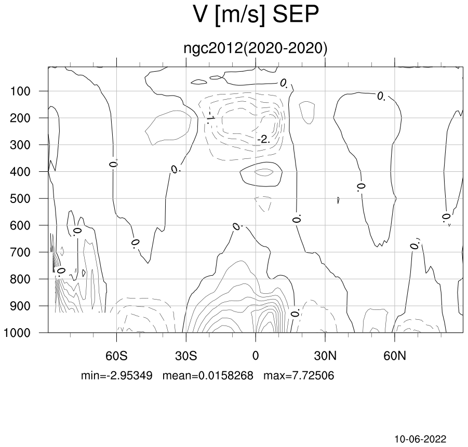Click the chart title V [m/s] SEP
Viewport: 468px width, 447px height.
click(x=256, y=15)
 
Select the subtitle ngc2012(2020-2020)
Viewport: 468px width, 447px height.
click(x=256, y=48)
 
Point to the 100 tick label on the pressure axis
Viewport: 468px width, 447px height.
click(x=20, y=91)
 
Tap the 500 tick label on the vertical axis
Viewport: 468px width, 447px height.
click(x=20, y=199)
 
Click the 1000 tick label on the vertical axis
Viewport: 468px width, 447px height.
click(x=17, y=333)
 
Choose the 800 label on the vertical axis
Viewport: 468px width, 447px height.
click(x=20, y=279)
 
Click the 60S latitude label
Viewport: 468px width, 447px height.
click(x=116, y=356)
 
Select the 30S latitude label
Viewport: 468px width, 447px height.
click(x=186, y=356)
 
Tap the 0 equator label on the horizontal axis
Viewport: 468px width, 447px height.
click(x=256, y=356)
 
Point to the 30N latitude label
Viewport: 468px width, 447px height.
click(x=325, y=356)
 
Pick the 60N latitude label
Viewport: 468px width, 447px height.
click(x=395, y=356)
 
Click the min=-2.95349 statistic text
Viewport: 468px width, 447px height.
click(x=117, y=375)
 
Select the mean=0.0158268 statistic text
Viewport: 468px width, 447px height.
click(x=208, y=375)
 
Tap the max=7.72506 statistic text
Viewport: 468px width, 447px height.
click(x=299, y=375)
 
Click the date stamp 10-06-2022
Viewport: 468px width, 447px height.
click(x=421, y=439)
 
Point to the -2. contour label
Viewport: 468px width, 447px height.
click(x=263, y=139)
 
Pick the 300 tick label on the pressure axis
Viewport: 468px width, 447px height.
click(x=20, y=145)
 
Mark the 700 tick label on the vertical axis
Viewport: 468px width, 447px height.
click(x=20, y=252)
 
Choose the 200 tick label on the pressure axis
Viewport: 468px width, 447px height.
click(x=20, y=118)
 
